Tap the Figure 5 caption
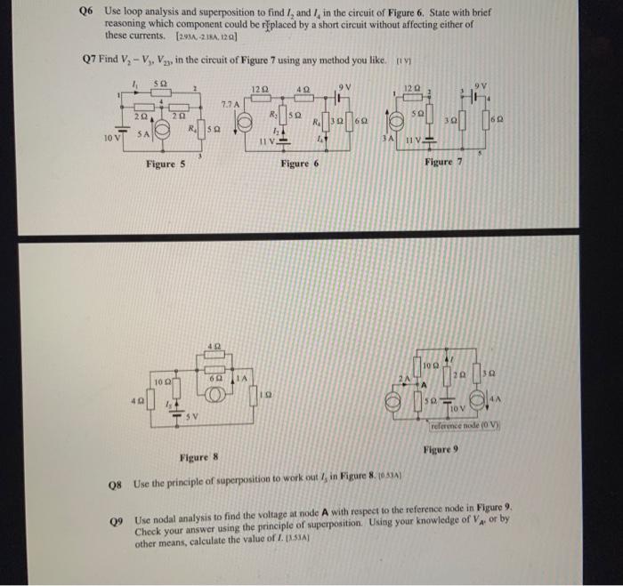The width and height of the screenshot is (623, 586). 166,165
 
